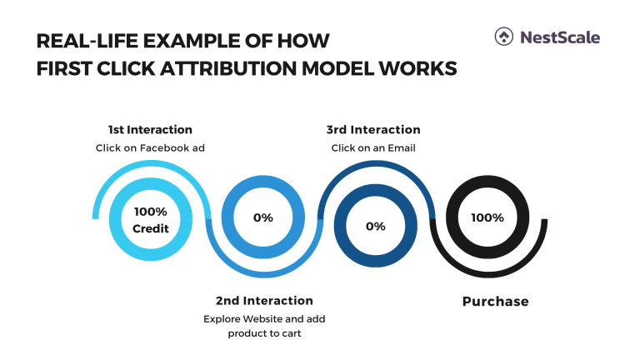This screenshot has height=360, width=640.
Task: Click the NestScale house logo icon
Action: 504,37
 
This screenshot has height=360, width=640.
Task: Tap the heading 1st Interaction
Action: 150,130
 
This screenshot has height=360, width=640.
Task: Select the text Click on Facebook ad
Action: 150,147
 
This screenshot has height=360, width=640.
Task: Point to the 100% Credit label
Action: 151,220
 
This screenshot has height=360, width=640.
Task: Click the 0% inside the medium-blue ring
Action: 263,218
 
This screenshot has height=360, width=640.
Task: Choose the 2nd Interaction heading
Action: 264,300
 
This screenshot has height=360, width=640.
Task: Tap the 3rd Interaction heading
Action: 373,130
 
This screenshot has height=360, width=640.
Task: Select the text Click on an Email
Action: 373,147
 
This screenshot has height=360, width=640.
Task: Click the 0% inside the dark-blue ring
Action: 375,226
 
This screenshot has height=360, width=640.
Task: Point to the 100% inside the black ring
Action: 487,218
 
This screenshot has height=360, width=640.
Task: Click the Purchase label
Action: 495,301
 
